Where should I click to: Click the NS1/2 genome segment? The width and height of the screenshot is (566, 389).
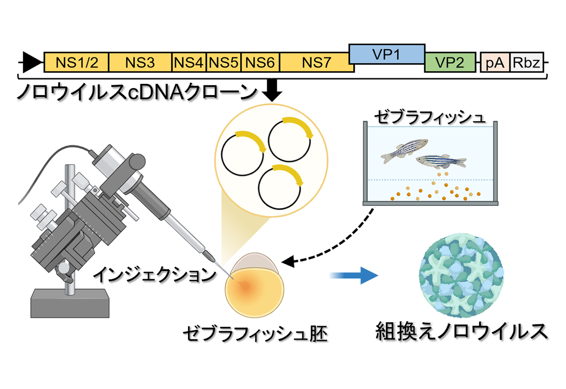(x=76, y=63)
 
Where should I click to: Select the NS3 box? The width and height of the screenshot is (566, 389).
(x=140, y=63)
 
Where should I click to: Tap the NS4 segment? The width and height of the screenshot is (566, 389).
(x=189, y=63)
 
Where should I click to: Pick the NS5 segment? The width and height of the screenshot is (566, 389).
(x=223, y=63)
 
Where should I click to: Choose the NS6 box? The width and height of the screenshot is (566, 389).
(x=260, y=63)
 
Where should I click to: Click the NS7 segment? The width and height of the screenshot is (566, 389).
(x=316, y=63)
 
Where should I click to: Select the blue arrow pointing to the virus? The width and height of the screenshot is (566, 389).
(x=353, y=275)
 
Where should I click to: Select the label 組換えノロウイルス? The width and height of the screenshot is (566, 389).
(x=462, y=332)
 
